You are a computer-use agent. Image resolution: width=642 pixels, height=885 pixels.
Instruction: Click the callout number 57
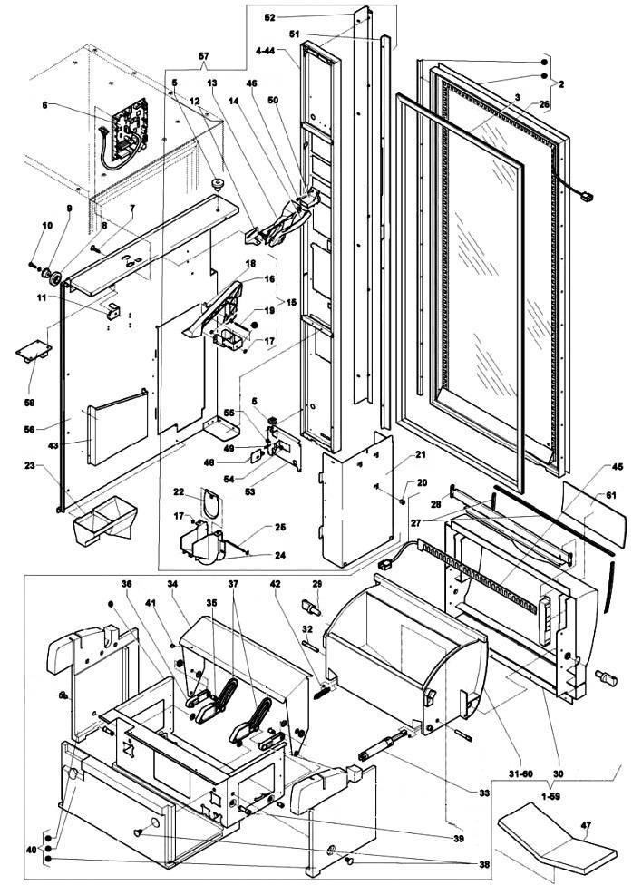pyautogui.click(x=203, y=56)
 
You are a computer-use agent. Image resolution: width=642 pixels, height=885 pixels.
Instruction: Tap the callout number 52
pyautogui.click(x=270, y=17)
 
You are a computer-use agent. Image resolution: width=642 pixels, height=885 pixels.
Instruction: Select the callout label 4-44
pyautogui.click(x=265, y=50)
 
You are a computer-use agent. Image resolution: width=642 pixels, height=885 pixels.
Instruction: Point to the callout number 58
pyautogui.click(x=29, y=403)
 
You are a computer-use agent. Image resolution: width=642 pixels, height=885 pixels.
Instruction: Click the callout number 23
pyautogui.click(x=30, y=466)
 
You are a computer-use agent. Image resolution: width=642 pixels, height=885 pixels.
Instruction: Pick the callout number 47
pyautogui.click(x=586, y=825)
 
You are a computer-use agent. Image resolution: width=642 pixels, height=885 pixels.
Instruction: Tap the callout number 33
pyautogui.click(x=484, y=793)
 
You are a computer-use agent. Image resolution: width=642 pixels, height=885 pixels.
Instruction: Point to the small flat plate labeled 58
pyautogui.click(x=34, y=354)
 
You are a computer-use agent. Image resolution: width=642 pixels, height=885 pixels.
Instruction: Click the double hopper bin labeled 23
pyautogui.click(x=105, y=520)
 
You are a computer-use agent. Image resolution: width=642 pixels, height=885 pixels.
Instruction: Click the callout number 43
pyautogui.click(x=53, y=445)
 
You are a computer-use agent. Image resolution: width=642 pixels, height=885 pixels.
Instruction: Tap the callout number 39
pyautogui.click(x=459, y=838)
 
